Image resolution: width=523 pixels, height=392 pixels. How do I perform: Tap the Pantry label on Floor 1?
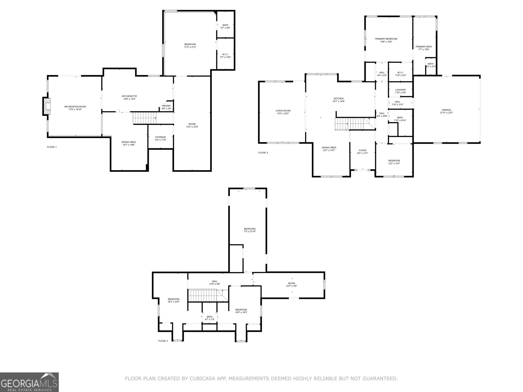click(166, 106)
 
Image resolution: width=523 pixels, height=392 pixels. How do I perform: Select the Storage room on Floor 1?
click(160, 137)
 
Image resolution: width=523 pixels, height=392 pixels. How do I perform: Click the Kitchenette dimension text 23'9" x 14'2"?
click(129, 99)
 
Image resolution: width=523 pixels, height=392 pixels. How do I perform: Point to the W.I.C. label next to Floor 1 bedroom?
click(226, 55)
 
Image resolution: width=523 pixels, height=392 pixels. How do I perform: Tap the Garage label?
click(446, 110)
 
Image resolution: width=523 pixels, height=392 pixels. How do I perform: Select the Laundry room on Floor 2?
click(400, 90)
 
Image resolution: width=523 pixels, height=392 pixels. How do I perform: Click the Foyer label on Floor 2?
click(363, 150)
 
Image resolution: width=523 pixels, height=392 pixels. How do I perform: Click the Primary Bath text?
click(424, 47)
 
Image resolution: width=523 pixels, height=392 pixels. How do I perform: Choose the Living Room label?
click(283, 111)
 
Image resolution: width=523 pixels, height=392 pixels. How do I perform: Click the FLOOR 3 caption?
click(163, 341)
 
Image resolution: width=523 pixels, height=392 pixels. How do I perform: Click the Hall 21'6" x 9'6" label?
click(214, 281)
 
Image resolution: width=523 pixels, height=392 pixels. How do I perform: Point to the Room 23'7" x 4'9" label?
click(292, 283)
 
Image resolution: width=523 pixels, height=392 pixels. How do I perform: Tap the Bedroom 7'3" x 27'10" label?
click(249, 229)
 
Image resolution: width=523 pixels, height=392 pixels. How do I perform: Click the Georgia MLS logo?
click(29, 382)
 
